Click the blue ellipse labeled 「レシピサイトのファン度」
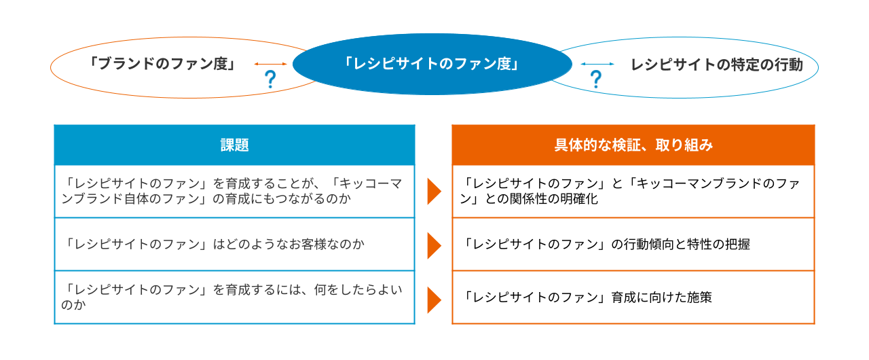coord(432,65)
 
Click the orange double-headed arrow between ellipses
coord(270,64)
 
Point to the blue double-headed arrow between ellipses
coord(597,64)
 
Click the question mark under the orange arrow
coord(270,80)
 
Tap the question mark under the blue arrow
coord(596,80)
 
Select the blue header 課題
coord(234,145)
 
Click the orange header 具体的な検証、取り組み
coord(633,145)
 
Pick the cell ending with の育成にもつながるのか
coord(234,192)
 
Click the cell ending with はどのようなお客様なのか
coord(234,245)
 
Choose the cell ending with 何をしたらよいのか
coord(234,298)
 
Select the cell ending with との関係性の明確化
coord(633,192)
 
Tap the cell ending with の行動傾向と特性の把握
coord(633,245)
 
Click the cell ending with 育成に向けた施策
coord(633,298)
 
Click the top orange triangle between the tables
coord(433,192)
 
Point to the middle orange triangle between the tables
coord(433,245)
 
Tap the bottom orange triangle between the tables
coord(433,299)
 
